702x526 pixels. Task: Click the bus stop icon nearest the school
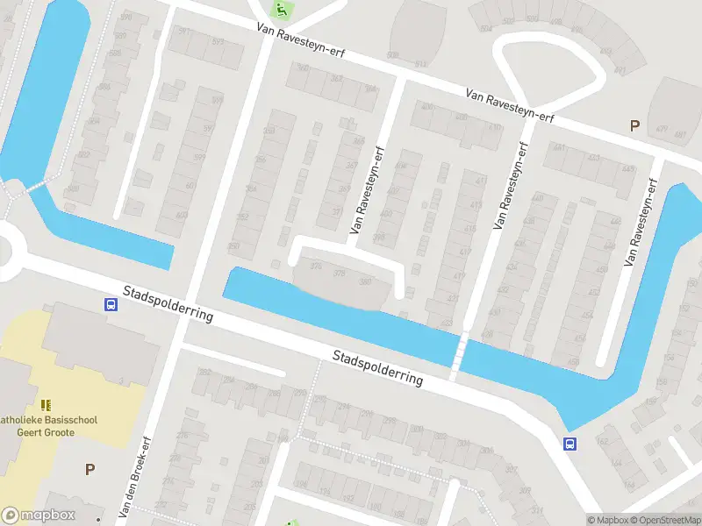111,304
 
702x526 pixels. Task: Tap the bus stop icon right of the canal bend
569,444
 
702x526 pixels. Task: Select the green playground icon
281,10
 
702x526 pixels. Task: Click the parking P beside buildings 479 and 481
634,126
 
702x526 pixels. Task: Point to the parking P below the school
89,469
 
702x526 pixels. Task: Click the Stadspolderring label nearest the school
168,303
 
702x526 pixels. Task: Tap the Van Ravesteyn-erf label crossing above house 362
301,41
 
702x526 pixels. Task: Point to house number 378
340,274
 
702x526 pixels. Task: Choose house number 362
336,79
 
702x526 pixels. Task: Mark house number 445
627,169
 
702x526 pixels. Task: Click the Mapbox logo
38,515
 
